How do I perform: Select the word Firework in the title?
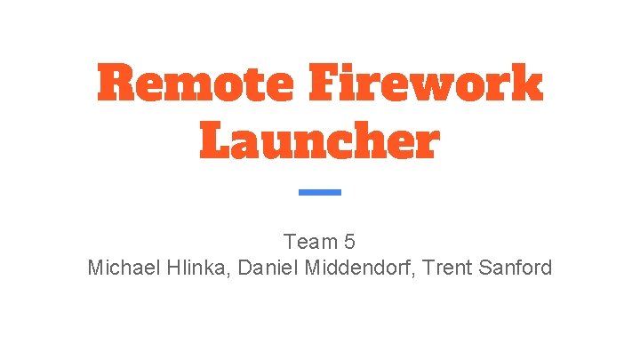point(425,84)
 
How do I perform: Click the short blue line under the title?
point(319,192)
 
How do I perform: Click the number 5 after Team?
point(349,241)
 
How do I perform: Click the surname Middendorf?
point(357,267)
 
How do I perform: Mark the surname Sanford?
point(516,267)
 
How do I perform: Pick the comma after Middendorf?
point(414,272)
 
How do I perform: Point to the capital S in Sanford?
point(484,267)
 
